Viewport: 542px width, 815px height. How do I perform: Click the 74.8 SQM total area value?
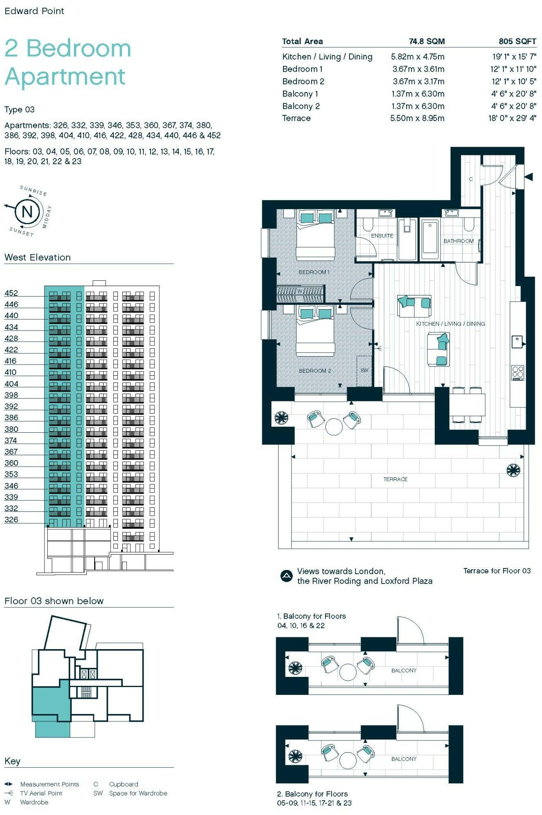427,41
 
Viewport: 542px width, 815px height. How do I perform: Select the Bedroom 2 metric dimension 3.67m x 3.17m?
418,81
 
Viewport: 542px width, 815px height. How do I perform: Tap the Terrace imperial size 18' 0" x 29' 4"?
512,118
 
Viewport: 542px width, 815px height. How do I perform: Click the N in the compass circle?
27,211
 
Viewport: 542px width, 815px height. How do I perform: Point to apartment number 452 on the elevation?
11,293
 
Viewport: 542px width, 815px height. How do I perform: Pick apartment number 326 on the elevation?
11,520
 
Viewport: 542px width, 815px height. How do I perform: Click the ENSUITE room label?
382,236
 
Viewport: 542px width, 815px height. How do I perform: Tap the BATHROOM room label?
458,241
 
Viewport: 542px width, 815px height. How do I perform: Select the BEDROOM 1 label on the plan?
314,272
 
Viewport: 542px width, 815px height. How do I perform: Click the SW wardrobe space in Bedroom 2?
364,370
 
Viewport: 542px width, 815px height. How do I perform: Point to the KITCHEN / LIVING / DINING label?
450,324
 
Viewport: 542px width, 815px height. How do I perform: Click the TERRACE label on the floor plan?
395,479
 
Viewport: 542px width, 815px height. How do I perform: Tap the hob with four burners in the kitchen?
518,373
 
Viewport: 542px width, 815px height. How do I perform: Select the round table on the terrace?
334,427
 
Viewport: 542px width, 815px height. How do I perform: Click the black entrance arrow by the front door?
529,177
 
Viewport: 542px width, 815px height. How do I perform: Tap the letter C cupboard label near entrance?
471,179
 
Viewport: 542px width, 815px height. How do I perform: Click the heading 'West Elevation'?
38,258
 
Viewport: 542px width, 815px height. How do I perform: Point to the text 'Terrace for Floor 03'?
497,571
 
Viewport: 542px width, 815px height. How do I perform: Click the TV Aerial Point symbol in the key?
9,793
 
